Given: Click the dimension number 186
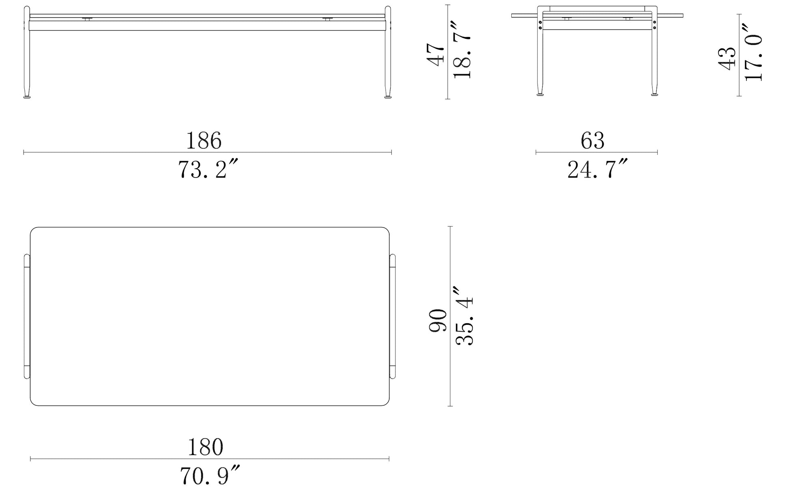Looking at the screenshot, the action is pyautogui.click(x=204, y=141).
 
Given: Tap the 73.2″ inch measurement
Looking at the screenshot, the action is pyautogui.click(x=207, y=169).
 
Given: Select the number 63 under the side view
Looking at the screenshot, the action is pyautogui.click(x=593, y=141).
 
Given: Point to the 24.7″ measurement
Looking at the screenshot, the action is pyautogui.click(x=597, y=169).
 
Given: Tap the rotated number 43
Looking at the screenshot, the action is pyautogui.click(x=727, y=58).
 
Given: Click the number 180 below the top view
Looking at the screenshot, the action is pyautogui.click(x=206, y=447).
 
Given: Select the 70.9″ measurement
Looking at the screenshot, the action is pyautogui.click(x=210, y=476).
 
